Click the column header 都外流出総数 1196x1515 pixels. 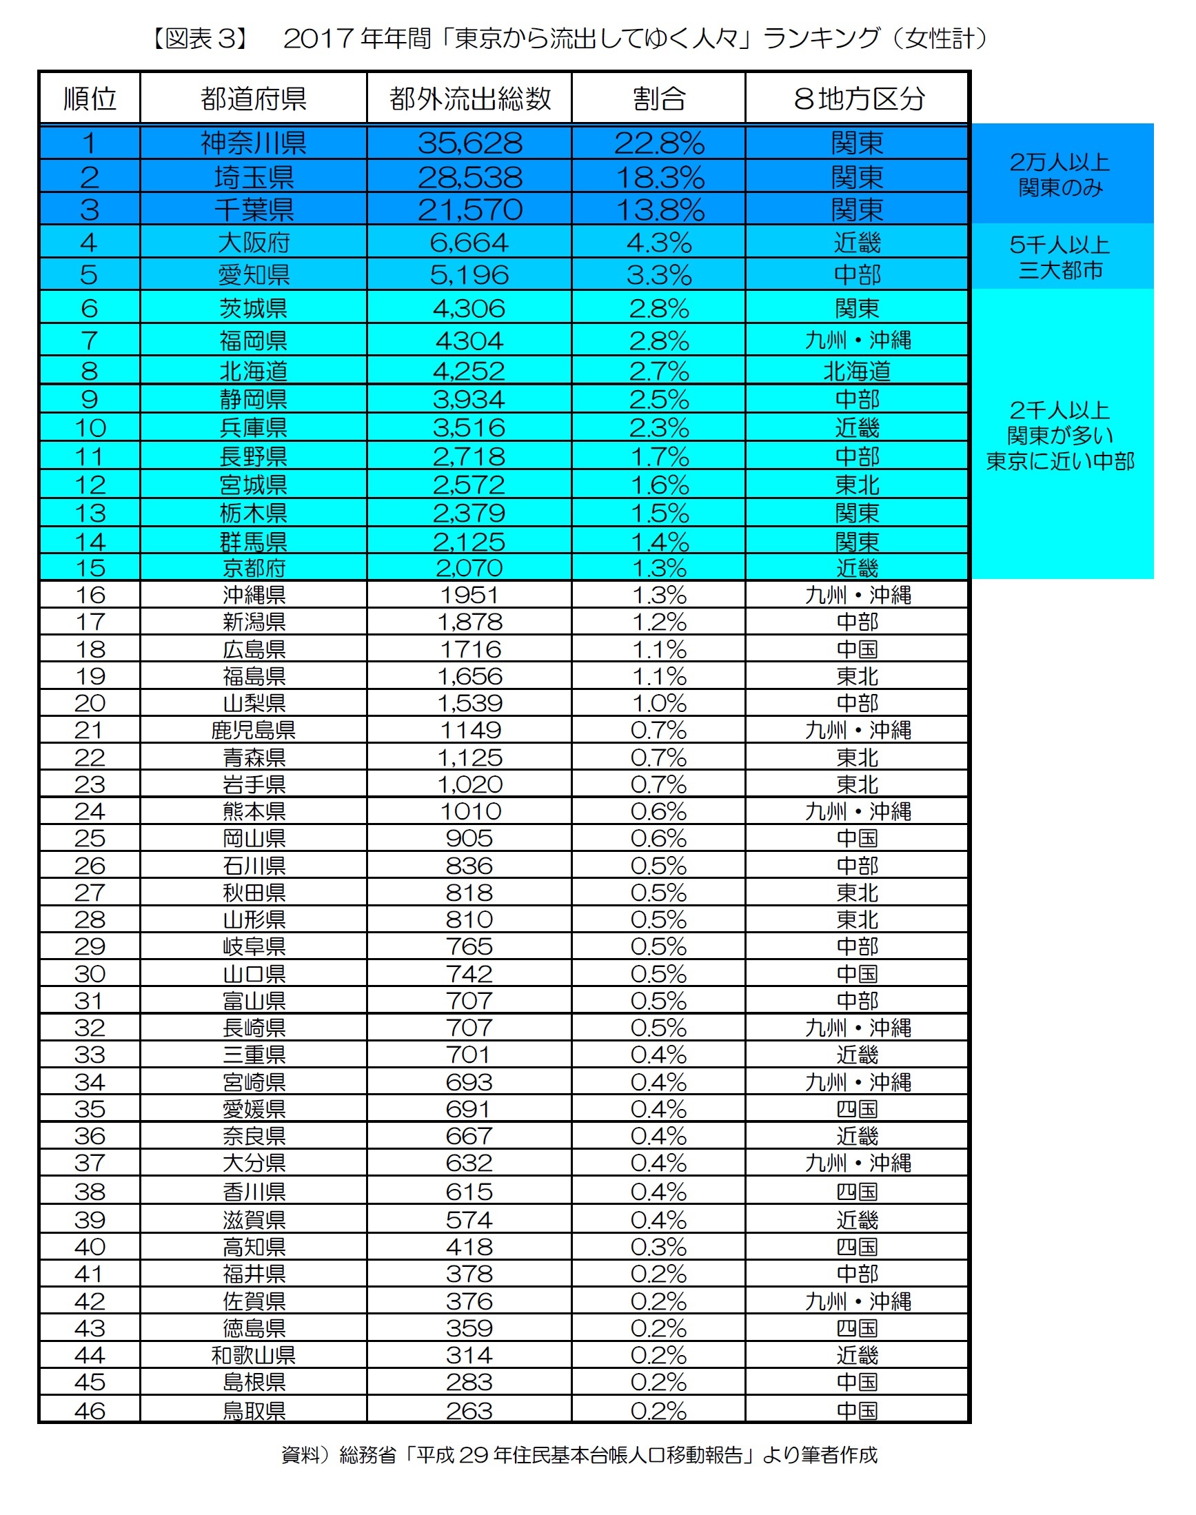pyautogui.click(x=470, y=98)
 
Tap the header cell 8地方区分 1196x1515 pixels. pyautogui.click(x=858, y=98)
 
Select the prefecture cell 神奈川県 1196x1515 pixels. pyautogui.click(x=254, y=143)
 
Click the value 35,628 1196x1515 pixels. pyautogui.click(x=470, y=143)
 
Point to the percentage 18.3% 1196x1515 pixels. pyautogui.click(x=659, y=177)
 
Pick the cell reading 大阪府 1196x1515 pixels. pyautogui.click(x=254, y=242)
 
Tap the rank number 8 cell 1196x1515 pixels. pyautogui.click(x=90, y=370)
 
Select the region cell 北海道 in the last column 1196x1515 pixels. pyautogui.click(x=857, y=370)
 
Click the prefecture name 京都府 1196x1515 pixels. pyautogui.click(x=254, y=568)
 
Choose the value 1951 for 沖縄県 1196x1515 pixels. pyautogui.click(x=470, y=595)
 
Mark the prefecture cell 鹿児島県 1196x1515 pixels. pyautogui.click(x=254, y=730)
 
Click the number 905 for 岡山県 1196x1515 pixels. pyautogui.click(x=469, y=838)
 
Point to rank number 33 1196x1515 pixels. pyautogui.click(x=90, y=1055)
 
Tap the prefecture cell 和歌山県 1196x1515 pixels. pyautogui.click(x=254, y=1355)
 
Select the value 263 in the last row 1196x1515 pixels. pyautogui.click(x=469, y=1410)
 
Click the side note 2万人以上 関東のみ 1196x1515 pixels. pyautogui.click(x=1060, y=174)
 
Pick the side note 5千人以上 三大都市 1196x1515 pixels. pyautogui.click(x=1060, y=257)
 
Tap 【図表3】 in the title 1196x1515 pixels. pyautogui.click(x=201, y=38)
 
